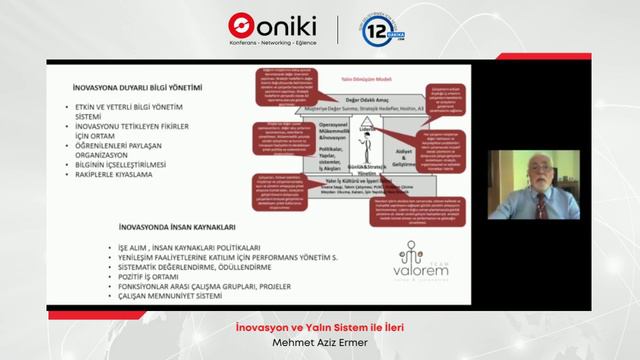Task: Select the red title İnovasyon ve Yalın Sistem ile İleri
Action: [320, 325]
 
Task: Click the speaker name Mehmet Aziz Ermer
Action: [320, 341]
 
